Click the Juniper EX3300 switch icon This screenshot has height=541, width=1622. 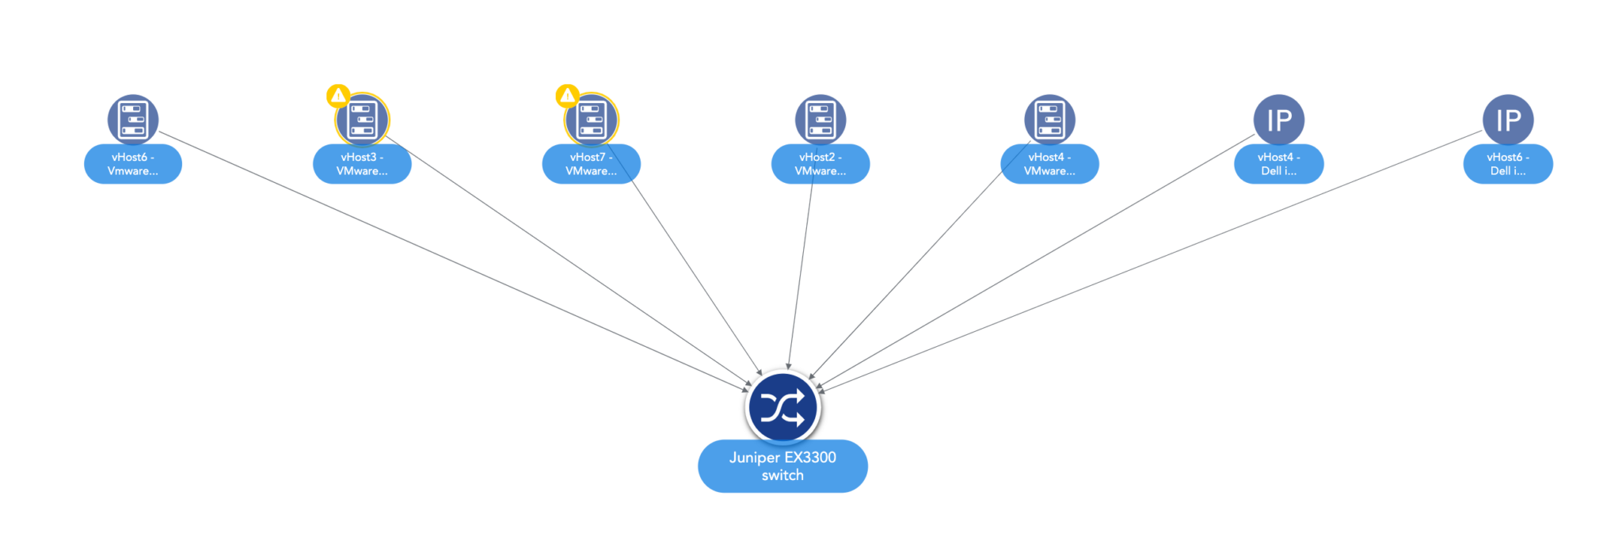[x=782, y=408]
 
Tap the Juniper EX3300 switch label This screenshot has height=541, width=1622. [x=782, y=466]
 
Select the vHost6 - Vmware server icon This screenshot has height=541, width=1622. [x=133, y=120]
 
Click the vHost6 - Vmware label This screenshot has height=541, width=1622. [x=133, y=164]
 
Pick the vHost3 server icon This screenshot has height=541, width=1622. [x=362, y=120]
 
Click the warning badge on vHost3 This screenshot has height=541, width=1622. [x=338, y=96]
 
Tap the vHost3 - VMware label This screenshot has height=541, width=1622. [x=362, y=164]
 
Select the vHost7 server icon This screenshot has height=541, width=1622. [x=592, y=120]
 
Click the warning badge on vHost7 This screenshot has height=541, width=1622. [x=567, y=96]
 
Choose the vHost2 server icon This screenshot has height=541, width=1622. [x=821, y=120]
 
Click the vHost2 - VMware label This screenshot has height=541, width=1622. [x=821, y=164]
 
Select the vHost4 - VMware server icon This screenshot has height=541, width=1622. [x=1049, y=120]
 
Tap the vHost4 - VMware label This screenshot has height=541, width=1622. [x=1049, y=164]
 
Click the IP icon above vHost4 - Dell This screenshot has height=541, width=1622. [x=1279, y=120]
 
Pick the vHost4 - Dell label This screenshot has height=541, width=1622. [x=1279, y=164]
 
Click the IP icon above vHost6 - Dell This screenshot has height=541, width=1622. [x=1508, y=120]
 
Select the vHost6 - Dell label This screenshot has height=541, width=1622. [x=1508, y=164]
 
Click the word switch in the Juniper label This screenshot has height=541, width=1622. [x=782, y=475]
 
